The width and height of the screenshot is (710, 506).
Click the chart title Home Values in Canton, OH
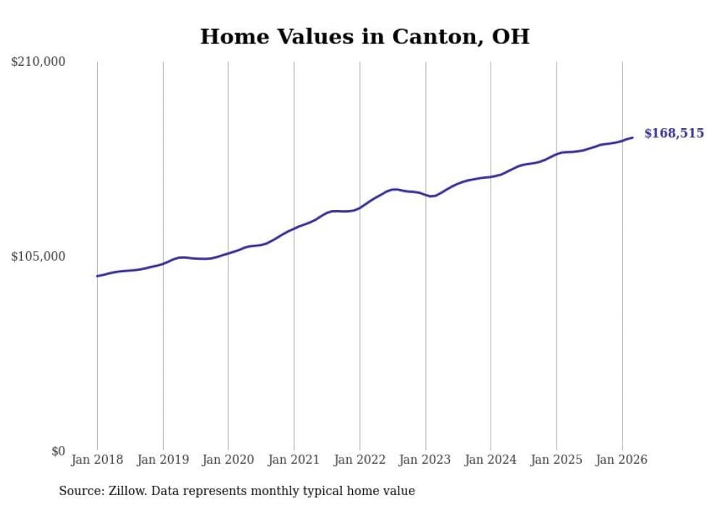(364, 37)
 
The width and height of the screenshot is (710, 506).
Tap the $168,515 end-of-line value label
(673, 133)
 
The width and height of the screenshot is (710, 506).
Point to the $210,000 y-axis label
(38, 62)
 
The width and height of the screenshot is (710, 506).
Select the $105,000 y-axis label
(38, 256)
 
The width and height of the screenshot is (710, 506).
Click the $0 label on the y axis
(58, 451)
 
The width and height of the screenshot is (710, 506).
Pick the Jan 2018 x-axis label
(97, 460)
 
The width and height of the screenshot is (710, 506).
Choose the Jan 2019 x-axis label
(163, 460)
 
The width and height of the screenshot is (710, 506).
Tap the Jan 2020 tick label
(228, 460)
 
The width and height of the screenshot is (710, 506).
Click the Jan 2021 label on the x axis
(294, 460)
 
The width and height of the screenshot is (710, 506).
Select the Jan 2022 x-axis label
(359, 460)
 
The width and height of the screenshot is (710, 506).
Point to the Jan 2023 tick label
(425, 460)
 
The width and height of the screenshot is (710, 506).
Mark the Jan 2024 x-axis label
(490, 460)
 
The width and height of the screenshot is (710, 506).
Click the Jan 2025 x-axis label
(556, 460)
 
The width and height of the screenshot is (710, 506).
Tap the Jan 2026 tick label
(622, 460)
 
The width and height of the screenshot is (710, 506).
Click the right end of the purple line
(632, 138)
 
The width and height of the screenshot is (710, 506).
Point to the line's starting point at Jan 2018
(97, 276)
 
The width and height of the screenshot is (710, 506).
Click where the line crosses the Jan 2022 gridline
(359, 208)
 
